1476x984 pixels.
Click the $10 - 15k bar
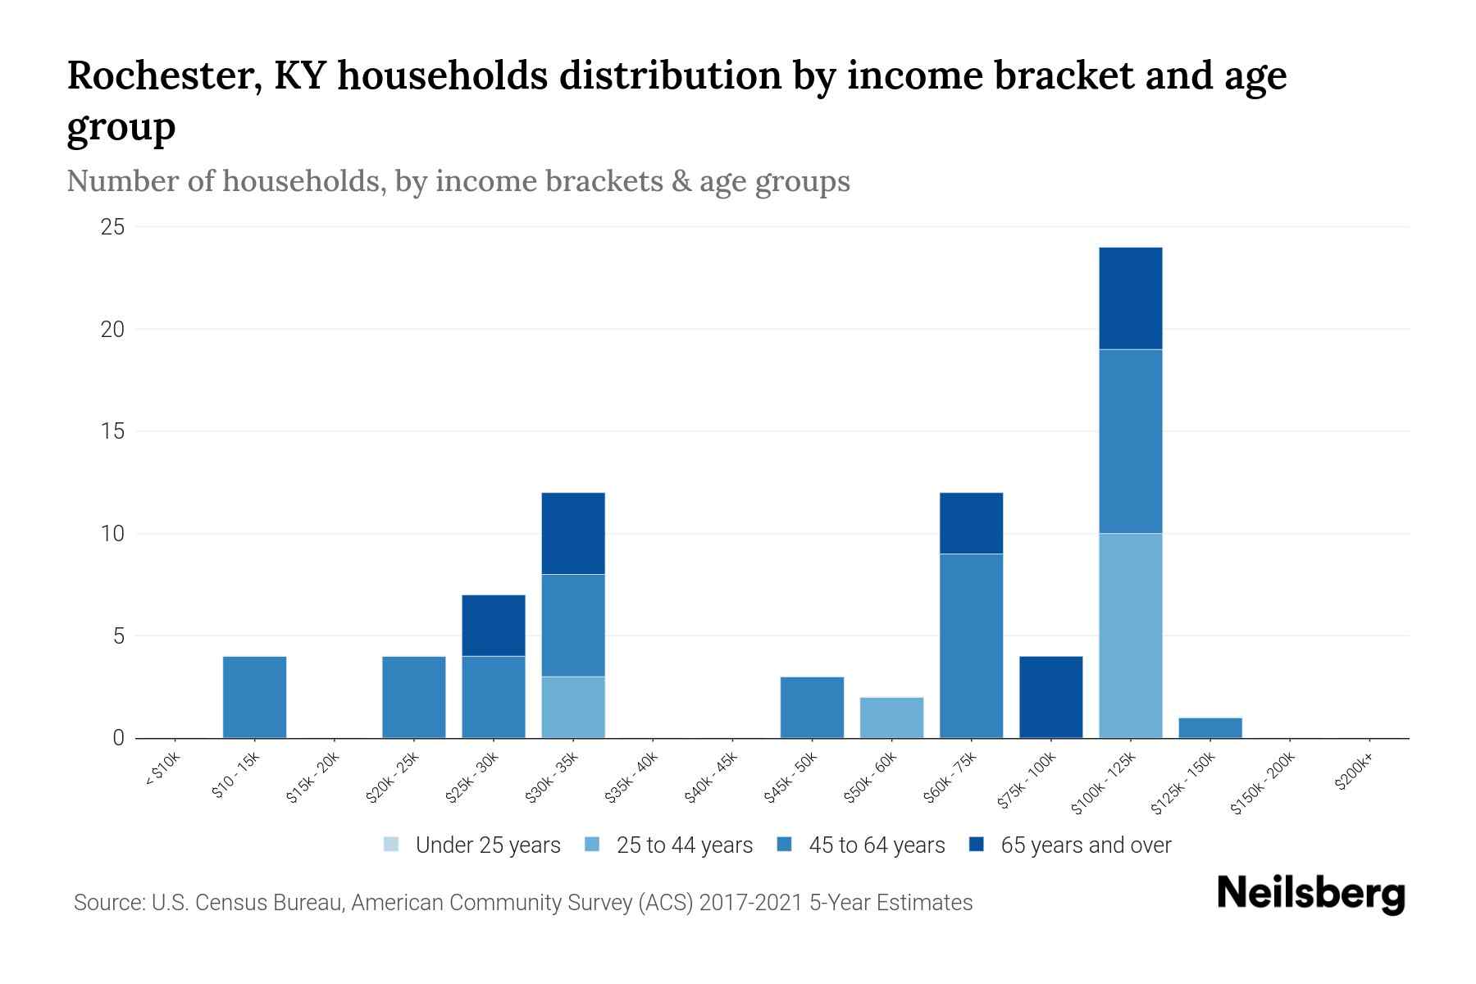(x=254, y=697)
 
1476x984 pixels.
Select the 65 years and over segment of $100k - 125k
(x=1130, y=298)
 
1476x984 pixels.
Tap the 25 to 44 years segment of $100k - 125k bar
(x=1130, y=635)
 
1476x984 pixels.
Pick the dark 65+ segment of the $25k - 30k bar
(x=494, y=625)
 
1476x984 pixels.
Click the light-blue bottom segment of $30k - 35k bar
(x=573, y=707)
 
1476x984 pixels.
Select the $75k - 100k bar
(x=1050, y=697)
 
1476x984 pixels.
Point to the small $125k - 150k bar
(x=1209, y=728)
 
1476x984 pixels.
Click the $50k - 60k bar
(x=891, y=717)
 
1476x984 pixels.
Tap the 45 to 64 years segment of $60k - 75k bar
(x=971, y=645)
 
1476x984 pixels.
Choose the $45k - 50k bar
(x=812, y=707)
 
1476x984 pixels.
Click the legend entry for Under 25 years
(x=472, y=845)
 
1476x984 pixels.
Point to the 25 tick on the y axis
(x=112, y=227)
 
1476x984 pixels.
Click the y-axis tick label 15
(x=112, y=431)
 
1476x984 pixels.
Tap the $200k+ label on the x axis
(x=1354, y=773)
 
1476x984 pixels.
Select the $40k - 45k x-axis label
(x=711, y=779)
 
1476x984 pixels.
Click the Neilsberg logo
(x=1310, y=894)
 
